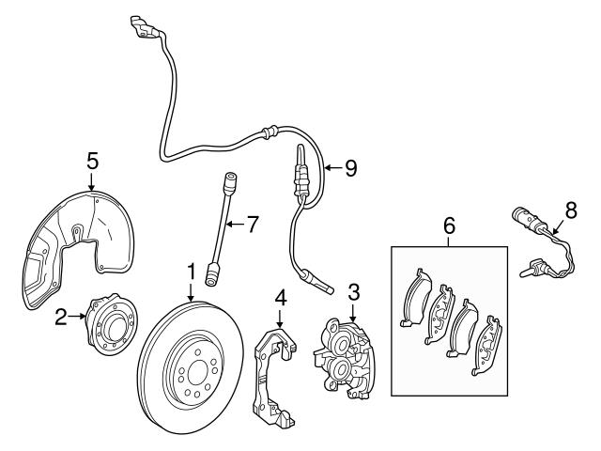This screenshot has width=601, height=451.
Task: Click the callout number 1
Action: (191, 272)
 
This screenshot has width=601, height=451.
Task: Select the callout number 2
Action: (60, 318)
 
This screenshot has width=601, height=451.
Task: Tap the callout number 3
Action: (353, 292)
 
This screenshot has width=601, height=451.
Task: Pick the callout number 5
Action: (92, 161)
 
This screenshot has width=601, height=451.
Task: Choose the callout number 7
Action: (251, 224)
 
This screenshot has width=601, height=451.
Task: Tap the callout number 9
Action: (350, 168)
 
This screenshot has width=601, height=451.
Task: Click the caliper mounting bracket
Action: (271, 376)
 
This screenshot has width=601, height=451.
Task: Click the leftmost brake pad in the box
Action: (413, 300)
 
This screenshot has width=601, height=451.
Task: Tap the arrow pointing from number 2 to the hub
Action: (77, 318)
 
